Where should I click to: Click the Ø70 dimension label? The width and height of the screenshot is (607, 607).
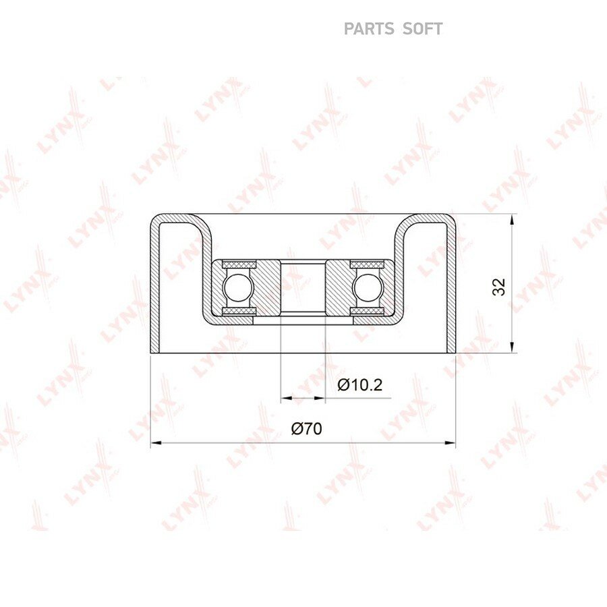tap(307, 429)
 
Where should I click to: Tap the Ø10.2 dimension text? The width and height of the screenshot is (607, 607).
tap(359, 385)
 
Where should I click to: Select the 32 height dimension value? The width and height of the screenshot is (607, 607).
tap(499, 287)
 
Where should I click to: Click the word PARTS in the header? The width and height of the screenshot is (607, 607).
tap(368, 29)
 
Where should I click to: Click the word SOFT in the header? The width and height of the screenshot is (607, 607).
tap(423, 29)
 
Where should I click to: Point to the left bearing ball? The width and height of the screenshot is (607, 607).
tap(238, 287)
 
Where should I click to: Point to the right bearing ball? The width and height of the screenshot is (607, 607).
tap(367, 287)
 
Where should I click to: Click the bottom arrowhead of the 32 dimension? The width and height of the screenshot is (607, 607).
tap(512, 347)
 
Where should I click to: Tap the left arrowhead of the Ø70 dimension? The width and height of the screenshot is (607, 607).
tap(156, 442)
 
